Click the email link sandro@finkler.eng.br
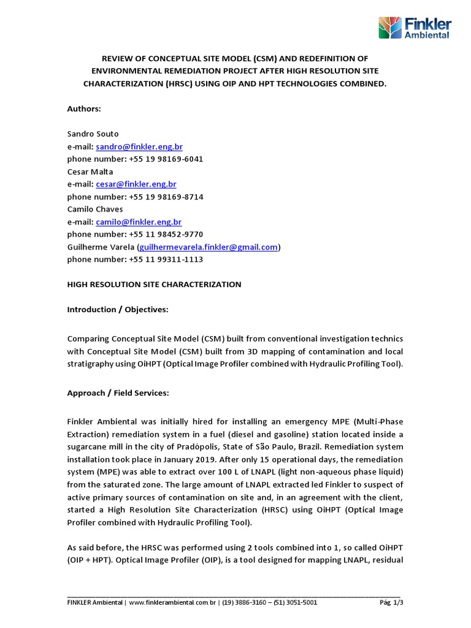click(x=139, y=147)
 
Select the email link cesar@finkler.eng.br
click(x=136, y=184)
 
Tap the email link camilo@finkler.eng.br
click(x=139, y=221)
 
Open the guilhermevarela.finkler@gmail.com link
click(x=209, y=247)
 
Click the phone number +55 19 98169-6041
click(x=166, y=159)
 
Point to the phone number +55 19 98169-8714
click(x=166, y=197)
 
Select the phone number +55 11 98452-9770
click(x=166, y=234)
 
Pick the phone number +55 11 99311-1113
click(x=166, y=259)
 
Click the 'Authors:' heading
click(x=83, y=109)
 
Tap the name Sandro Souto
click(x=93, y=134)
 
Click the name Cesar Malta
click(x=90, y=172)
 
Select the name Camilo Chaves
click(x=95, y=209)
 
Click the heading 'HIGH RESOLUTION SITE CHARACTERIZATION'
click(x=154, y=285)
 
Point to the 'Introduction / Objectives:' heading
click(x=117, y=310)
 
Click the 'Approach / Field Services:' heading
click(x=118, y=393)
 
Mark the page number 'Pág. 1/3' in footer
click(x=391, y=603)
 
